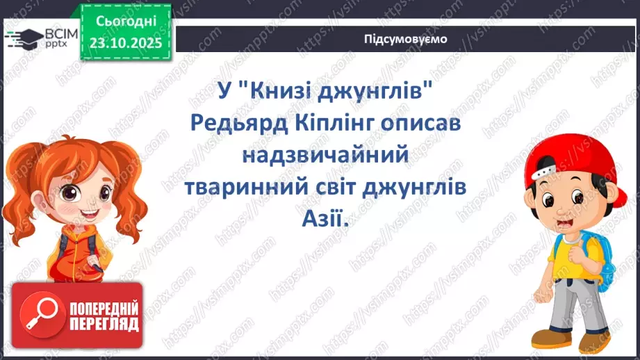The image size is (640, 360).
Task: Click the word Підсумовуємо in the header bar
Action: pos(406,39)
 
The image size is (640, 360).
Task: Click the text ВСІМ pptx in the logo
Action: pos(53,36)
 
